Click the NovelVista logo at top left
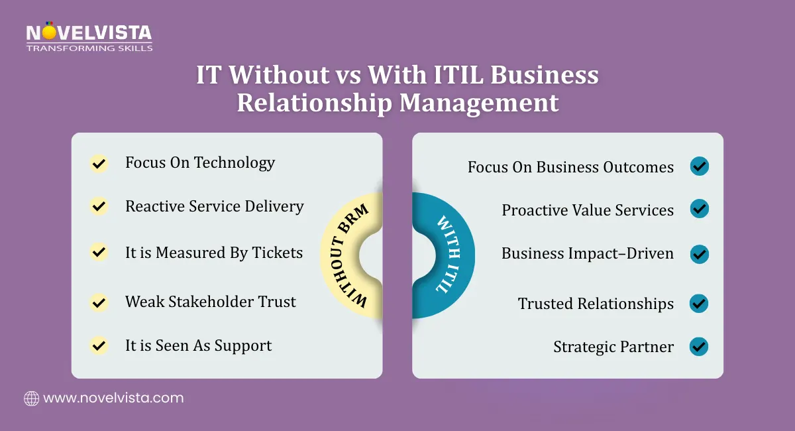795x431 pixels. click(89, 33)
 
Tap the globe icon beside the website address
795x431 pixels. click(31, 399)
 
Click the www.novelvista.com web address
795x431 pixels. click(113, 399)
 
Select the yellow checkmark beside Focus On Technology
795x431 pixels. click(99, 163)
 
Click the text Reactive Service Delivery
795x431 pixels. click(214, 206)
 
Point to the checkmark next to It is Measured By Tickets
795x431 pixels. click(99, 252)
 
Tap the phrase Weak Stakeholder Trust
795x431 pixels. click(210, 302)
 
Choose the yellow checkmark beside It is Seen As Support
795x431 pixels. click(99, 345)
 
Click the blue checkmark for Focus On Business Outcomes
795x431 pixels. click(699, 166)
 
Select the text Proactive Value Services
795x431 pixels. click(588, 210)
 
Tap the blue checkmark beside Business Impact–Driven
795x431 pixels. click(699, 253)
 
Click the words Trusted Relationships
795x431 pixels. click(596, 304)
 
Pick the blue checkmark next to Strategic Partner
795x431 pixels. click(699, 346)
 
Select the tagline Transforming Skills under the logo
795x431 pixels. click(89, 48)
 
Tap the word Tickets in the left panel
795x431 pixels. click(277, 253)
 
